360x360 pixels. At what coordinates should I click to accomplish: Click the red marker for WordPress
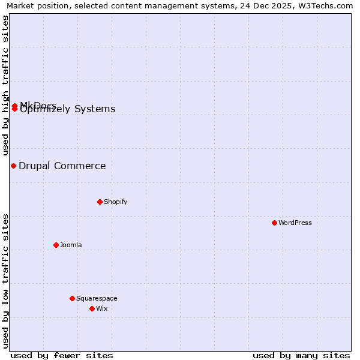coord(274,223)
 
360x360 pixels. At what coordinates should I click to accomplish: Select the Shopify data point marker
coord(100,202)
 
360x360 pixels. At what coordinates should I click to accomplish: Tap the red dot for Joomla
coord(56,245)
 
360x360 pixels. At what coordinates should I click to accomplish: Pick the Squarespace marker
coord(72,298)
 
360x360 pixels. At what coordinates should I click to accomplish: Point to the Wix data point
coord(92,308)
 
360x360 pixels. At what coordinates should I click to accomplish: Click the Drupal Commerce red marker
coord(13,166)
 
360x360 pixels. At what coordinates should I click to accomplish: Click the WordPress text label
coord(295,223)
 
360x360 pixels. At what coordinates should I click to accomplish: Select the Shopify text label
coord(115,202)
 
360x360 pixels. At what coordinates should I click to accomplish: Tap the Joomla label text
coord(71,245)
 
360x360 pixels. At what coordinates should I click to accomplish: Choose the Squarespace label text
coord(97,298)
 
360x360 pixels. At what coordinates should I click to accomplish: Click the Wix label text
coord(102,308)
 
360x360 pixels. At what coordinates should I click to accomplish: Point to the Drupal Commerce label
coord(62,166)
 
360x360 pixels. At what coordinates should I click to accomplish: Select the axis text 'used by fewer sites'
coord(62,355)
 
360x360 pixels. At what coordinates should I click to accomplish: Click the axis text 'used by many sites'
coord(301,355)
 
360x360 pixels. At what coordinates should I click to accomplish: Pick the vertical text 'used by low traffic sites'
coord(5,280)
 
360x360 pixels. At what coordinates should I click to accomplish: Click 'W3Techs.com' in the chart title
coord(327,5)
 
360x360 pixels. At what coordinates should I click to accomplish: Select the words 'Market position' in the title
coord(35,5)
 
